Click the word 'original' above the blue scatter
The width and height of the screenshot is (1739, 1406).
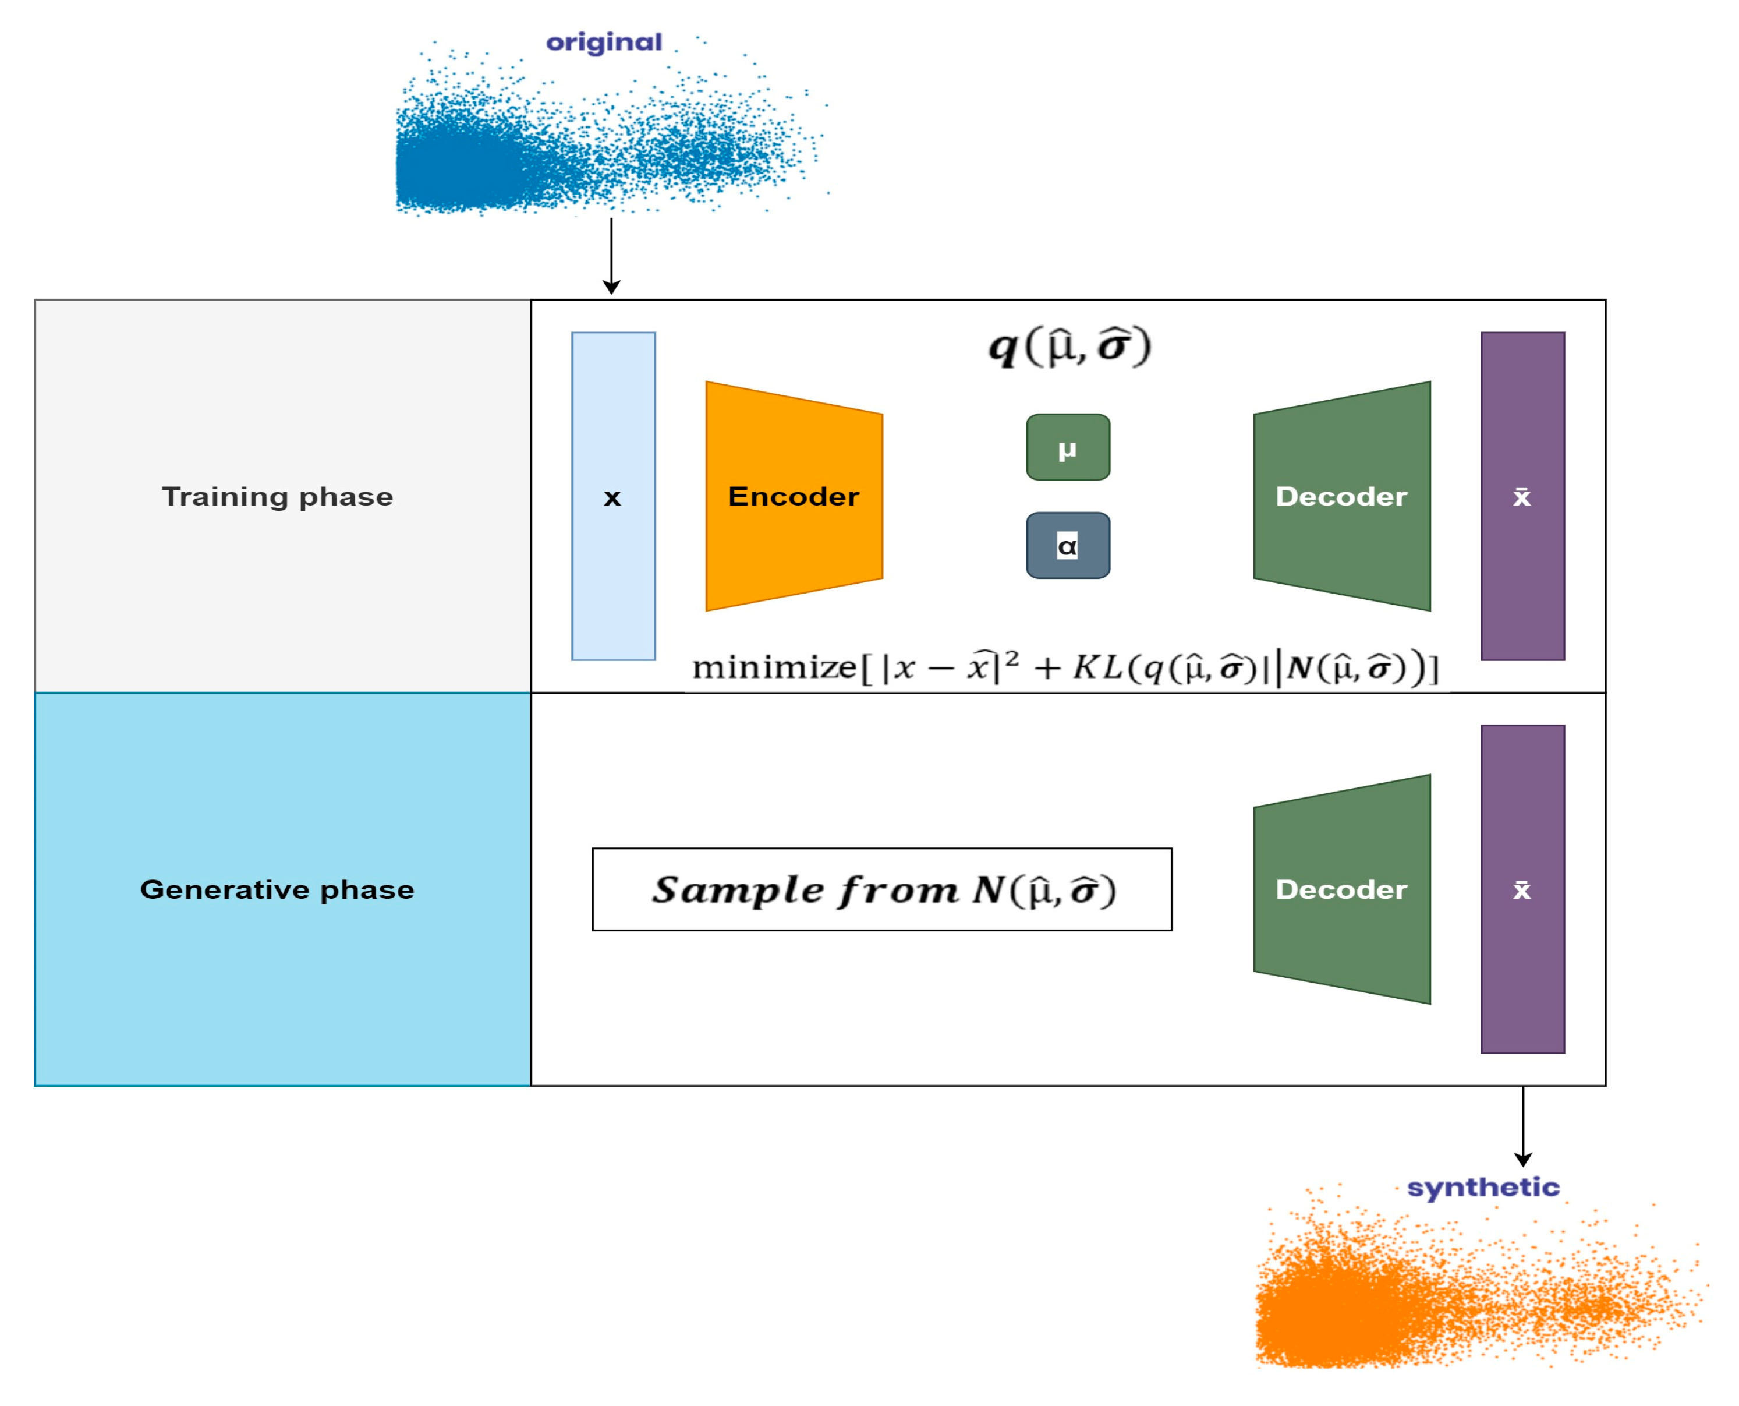point(603,42)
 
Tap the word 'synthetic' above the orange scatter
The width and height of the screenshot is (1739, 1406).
point(1482,1188)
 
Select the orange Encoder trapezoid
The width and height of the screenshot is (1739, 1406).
point(794,496)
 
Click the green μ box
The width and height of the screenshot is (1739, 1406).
point(1067,447)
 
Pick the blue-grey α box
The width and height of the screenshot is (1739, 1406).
point(1067,545)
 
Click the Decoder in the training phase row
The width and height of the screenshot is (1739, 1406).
point(1341,496)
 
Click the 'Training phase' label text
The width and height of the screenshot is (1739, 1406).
point(277,496)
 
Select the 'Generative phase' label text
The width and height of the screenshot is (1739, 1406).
point(277,889)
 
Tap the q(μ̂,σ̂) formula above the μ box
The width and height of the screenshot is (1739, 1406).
point(1069,347)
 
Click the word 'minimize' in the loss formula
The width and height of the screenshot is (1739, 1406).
point(773,667)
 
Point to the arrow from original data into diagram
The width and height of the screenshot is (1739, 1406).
point(611,255)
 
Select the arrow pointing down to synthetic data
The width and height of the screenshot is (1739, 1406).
point(1523,1126)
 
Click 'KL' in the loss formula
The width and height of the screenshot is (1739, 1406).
point(1097,667)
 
